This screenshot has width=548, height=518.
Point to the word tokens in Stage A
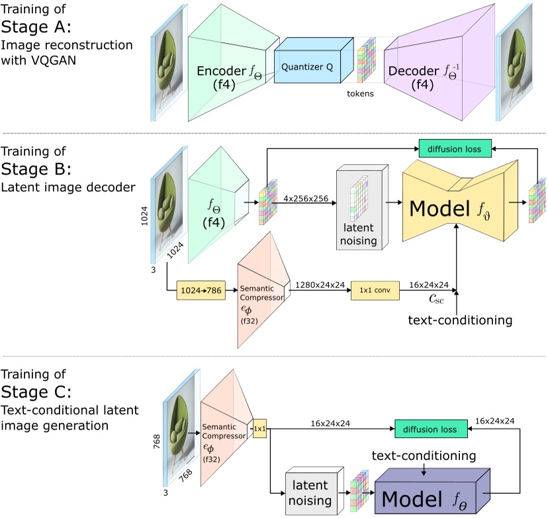[x=361, y=93]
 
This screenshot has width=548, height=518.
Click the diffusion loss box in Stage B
[x=455, y=148]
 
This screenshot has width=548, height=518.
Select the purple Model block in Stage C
[x=430, y=495]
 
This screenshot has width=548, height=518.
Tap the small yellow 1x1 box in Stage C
[x=259, y=429]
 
